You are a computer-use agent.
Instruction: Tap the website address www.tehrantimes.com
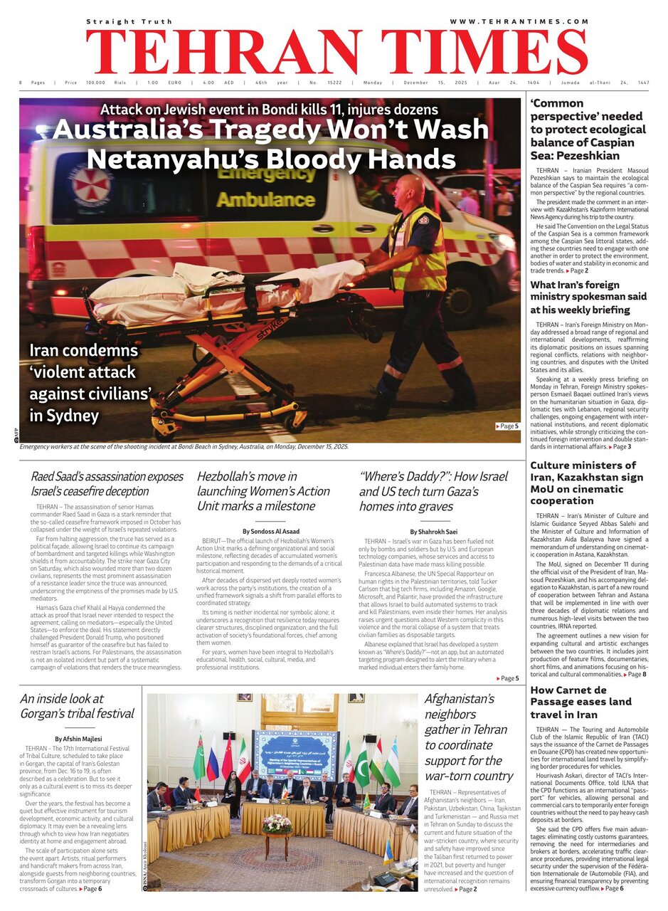[x=519, y=22]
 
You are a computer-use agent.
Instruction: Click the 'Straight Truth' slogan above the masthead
[x=125, y=22]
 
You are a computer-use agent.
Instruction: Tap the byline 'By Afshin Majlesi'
[x=78, y=739]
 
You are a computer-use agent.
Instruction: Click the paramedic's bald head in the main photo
[x=411, y=188]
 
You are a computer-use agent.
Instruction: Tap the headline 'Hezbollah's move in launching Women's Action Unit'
[x=264, y=491]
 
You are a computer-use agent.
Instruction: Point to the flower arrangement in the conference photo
[x=277, y=823]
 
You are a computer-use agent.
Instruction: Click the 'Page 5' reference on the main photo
[x=507, y=426]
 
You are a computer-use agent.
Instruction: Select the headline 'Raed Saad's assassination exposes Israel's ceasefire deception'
[x=107, y=483]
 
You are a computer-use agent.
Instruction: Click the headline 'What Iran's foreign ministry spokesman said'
[x=588, y=297]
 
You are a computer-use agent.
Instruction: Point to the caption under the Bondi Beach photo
[x=184, y=446]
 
